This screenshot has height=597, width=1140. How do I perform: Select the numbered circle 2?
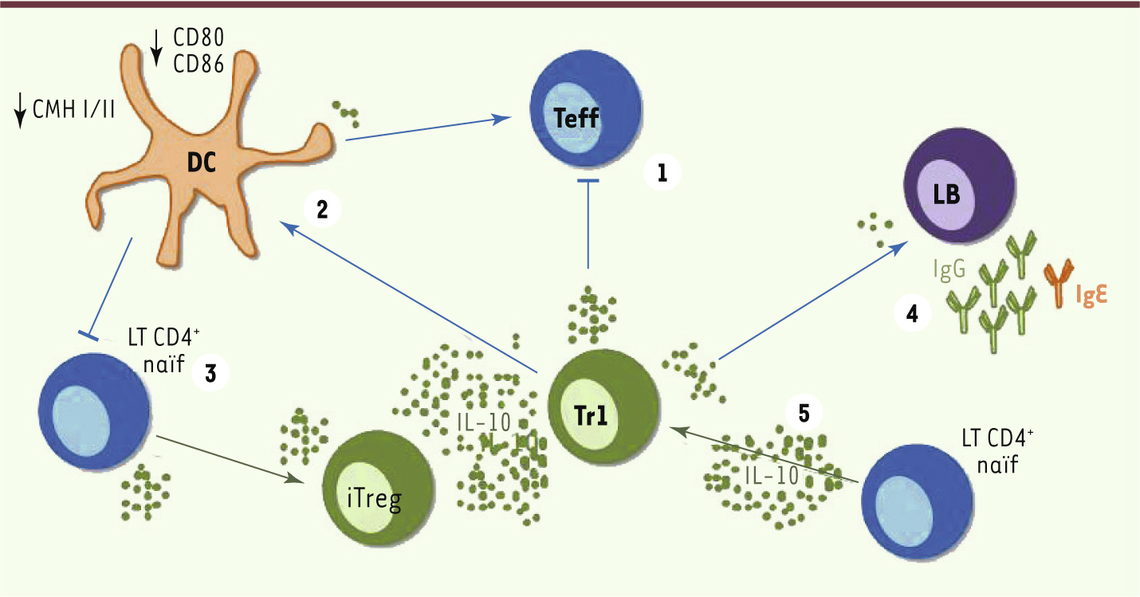[x=322, y=210]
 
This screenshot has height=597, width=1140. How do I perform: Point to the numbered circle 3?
[x=210, y=374]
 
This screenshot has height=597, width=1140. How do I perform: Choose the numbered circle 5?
[x=804, y=414]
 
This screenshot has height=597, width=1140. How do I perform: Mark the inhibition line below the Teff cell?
[x=588, y=223]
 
